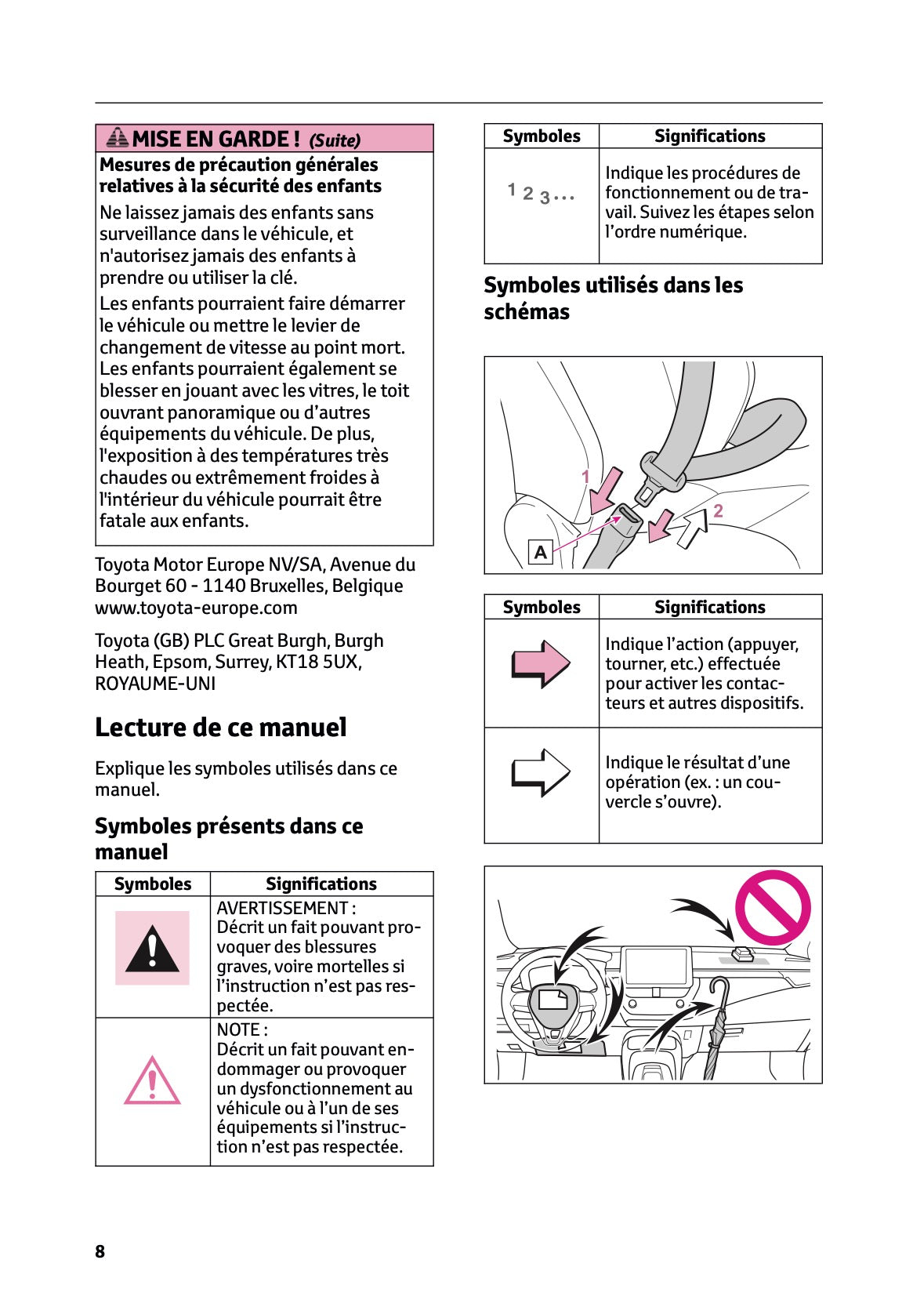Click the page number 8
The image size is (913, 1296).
pos(100,1251)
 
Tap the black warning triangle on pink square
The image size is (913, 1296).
pos(152,948)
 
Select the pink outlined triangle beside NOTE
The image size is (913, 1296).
pos(152,1081)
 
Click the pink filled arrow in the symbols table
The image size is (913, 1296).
pos(541,664)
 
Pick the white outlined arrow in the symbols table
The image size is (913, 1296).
pos(541,772)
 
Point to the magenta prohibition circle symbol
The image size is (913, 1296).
pos(772,907)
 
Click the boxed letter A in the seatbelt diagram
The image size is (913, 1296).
pos(541,552)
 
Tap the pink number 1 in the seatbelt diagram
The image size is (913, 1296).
pos(585,476)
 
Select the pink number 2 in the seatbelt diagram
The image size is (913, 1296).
pos(718,510)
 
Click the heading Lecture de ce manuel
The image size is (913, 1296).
pos(220,728)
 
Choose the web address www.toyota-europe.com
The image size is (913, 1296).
pos(196,608)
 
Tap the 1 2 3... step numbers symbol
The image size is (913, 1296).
pos(541,193)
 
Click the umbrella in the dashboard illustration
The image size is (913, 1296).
pos(717,1027)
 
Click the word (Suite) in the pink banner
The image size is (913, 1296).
pos(335,140)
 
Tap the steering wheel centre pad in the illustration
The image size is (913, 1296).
pos(553,1000)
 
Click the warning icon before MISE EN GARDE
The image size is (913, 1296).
pos(118,138)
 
